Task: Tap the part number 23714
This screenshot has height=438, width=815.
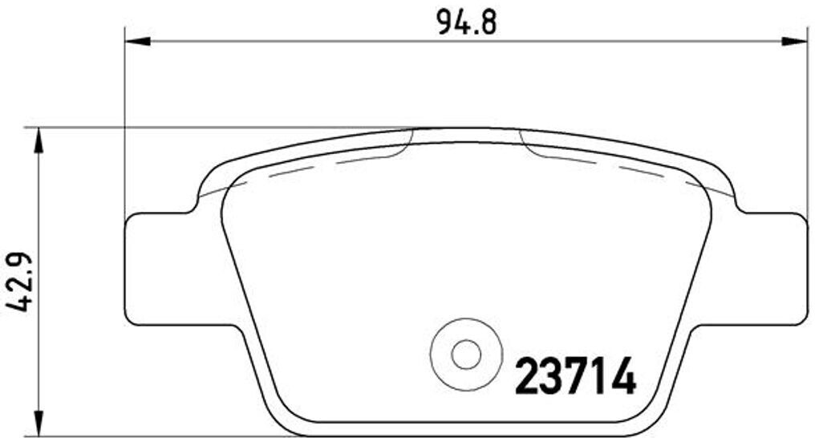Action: point(574,375)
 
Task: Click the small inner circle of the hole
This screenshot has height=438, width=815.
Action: point(464,353)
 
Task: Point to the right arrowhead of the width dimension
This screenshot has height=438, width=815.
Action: point(795,39)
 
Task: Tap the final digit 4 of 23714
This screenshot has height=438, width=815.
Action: point(622,375)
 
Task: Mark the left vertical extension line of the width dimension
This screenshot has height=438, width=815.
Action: point(125,120)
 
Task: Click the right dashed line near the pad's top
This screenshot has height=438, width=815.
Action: point(610,164)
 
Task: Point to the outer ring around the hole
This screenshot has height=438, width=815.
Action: point(464,329)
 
